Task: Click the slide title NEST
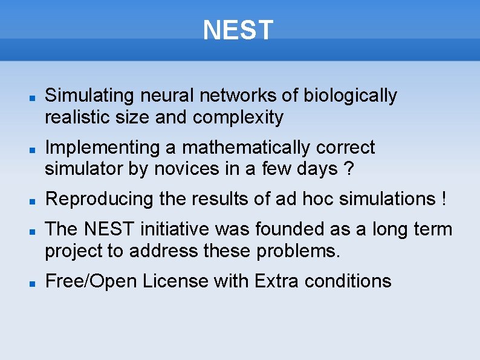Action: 238,30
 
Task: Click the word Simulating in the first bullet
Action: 89,96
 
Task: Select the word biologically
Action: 350,96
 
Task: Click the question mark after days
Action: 348,169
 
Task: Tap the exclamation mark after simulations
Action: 444,199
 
